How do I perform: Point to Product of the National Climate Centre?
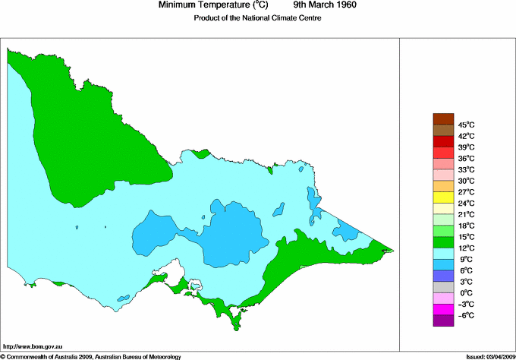(257, 18)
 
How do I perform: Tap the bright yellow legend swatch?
(443, 197)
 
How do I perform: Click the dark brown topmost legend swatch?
(443, 118)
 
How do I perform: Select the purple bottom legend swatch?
(443, 321)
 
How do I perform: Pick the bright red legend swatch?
(443, 141)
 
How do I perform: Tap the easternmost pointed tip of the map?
(392, 250)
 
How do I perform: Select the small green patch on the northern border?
(200, 154)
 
